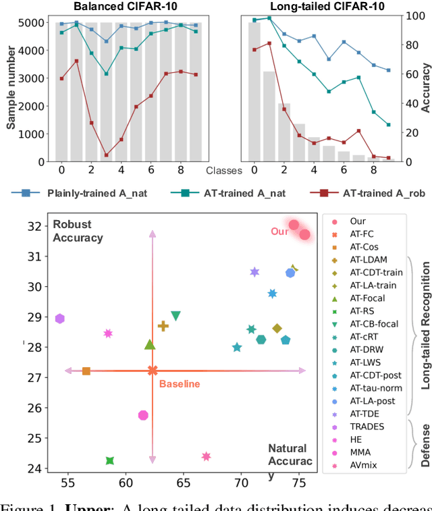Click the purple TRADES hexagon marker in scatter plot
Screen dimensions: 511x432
[60, 319]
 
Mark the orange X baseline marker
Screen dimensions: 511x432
[153, 371]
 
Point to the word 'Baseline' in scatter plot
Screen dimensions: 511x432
[180, 384]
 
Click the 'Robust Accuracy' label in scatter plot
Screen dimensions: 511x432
[78, 231]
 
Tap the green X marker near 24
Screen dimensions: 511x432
[109, 461]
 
